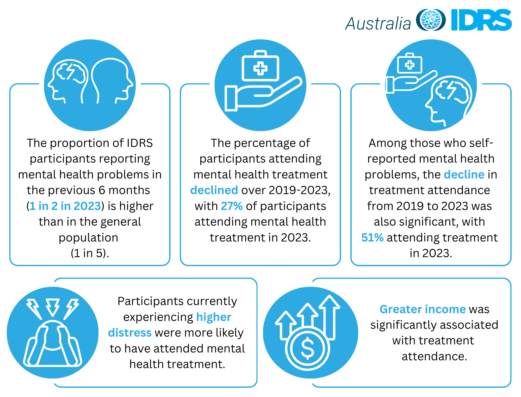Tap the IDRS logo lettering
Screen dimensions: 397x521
click(x=481, y=20)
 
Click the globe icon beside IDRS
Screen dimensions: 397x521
click(x=431, y=20)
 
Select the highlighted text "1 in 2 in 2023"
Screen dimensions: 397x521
click(x=65, y=206)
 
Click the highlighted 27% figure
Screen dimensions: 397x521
click(x=232, y=206)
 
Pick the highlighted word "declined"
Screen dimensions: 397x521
click(x=214, y=190)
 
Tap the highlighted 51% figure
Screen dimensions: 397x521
click(x=373, y=238)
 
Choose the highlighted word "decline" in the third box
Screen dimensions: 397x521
click(x=464, y=175)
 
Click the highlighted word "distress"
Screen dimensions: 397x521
click(x=130, y=333)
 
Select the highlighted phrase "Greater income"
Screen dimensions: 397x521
click(x=423, y=309)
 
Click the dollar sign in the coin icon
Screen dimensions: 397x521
click(x=307, y=348)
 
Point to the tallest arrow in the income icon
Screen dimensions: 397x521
click(x=330, y=315)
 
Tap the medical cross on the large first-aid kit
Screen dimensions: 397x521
click(x=260, y=69)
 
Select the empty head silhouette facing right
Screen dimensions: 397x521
click(x=112, y=81)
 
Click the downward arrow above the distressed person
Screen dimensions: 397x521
click(x=53, y=307)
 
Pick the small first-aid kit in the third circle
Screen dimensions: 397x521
click(x=410, y=64)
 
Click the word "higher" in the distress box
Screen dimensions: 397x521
click(x=214, y=317)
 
